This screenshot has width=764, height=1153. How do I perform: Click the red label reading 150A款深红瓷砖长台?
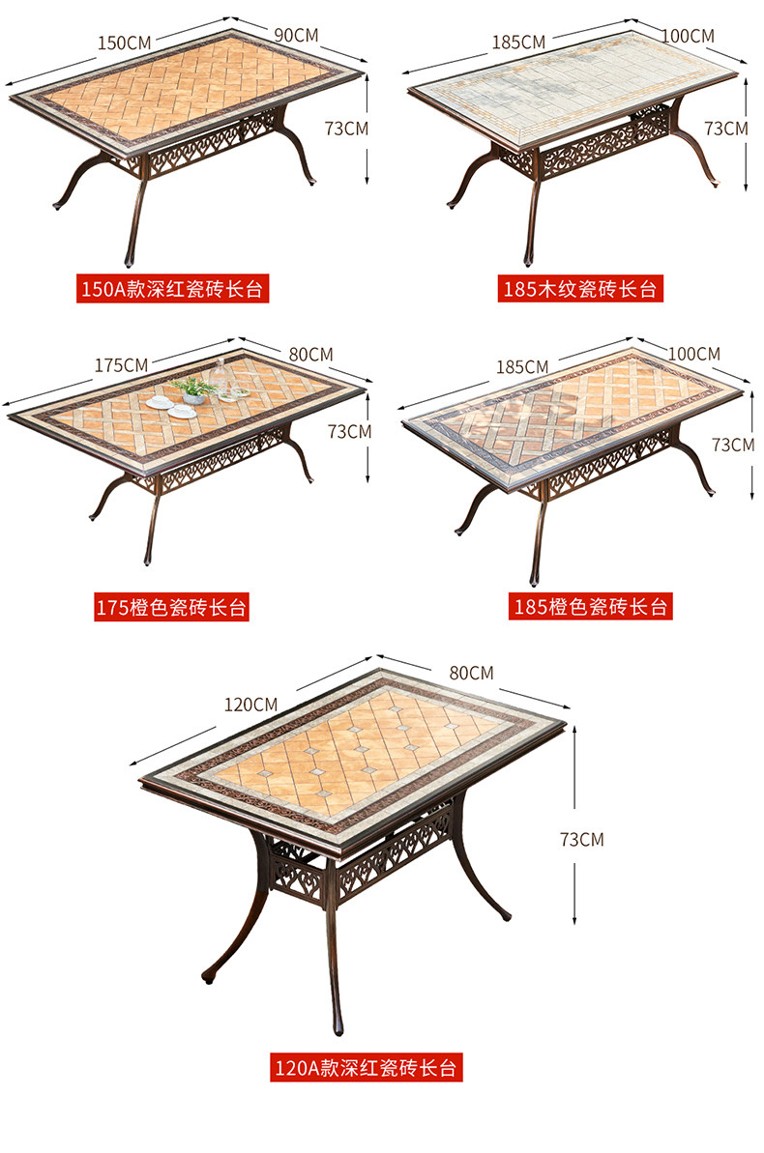[x=174, y=289]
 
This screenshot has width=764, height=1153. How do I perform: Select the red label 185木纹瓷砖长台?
[x=580, y=289]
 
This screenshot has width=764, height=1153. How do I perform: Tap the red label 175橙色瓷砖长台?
[x=171, y=608]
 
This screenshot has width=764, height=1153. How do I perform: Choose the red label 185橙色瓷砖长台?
[x=590, y=607]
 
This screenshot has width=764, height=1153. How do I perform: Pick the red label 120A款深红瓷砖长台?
[x=366, y=1068]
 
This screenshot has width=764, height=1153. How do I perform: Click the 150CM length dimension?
[x=125, y=43]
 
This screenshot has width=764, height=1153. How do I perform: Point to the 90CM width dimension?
[x=297, y=35]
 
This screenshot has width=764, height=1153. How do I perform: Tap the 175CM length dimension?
[x=122, y=365]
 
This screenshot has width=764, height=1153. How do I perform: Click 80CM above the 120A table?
[x=471, y=673]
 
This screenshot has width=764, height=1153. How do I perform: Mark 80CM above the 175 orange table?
[x=310, y=355]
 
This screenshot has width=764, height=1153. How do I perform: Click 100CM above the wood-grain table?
[x=688, y=36]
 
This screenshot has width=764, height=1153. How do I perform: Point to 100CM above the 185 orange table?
[x=693, y=354]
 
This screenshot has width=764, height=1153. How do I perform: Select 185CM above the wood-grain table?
[x=519, y=42]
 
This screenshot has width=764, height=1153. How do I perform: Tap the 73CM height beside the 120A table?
[x=581, y=839]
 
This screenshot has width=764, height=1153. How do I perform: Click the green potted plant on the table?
[x=193, y=389]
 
